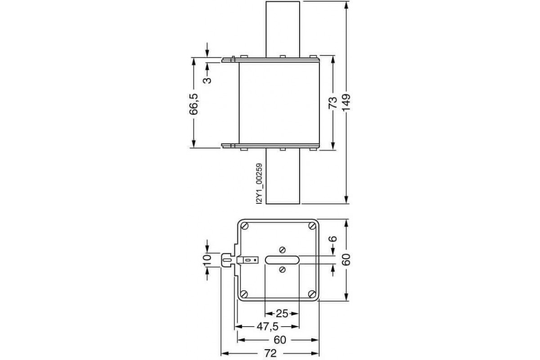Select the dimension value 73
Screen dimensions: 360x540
[x=333, y=103]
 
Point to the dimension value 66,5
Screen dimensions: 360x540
[x=194, y=103]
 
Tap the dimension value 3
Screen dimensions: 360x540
[x=207, y=80]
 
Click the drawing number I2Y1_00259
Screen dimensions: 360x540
[x=259, y=184]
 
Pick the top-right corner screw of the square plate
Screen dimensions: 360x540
[x=312, y=226]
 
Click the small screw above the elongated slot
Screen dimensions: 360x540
[x=282, y=249]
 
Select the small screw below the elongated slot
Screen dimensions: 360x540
[x=282, y=270]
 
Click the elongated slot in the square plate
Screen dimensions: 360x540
[x=282, y=260]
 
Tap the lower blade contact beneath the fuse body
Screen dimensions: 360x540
[x=283, y=178]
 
